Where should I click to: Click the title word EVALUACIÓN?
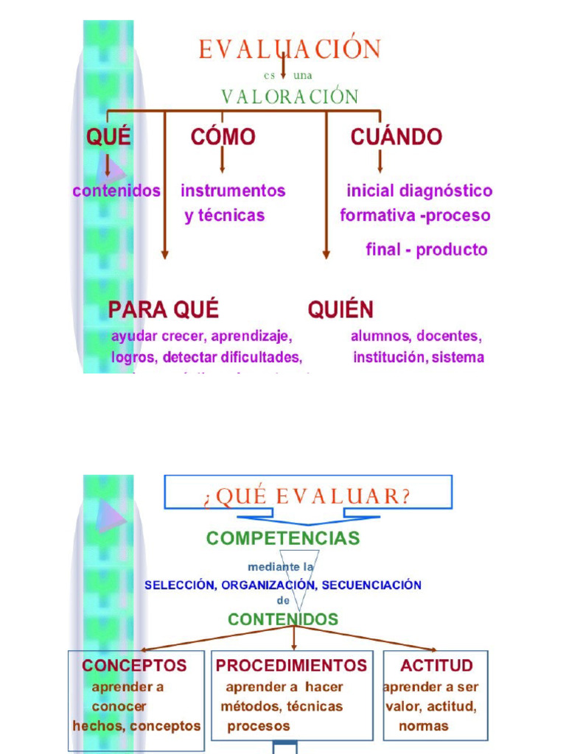pyautogui.click(x=290, y=49)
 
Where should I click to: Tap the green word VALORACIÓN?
pyautogui.click(x=290, y=96)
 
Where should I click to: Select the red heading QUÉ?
pyautogui.click(x=108, y=137)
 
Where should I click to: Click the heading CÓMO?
pyautogui.click(x=223, y=137)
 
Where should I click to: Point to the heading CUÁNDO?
pyautogui.click(x=396, y=137)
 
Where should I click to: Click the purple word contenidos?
pyautogui.click(x=116, y=191)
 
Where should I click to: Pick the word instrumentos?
pyautogui.click(x=233, y=191)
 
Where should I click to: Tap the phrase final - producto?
pyautogui.click(x=427, y=250)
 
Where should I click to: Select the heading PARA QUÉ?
pyautogui.click(x=164, y=309)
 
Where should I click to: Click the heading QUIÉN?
pyautogui.click(x=340, y=309)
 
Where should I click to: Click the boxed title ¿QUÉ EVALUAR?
pyautogui.click(x=307, y=495)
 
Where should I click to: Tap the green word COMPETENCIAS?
pyautogui.click(x=283, y=538)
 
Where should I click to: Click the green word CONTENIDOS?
pyautogui.click(x=283, y=619)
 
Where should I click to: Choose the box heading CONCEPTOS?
pyautogui.click(x=134, y=666)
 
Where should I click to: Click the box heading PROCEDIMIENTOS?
pyautogui.click(x=291, y=666)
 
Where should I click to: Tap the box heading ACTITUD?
pyautogui.click(x=436, y=666)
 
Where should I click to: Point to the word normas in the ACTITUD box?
pyautogui.click(x=424, y=726)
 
